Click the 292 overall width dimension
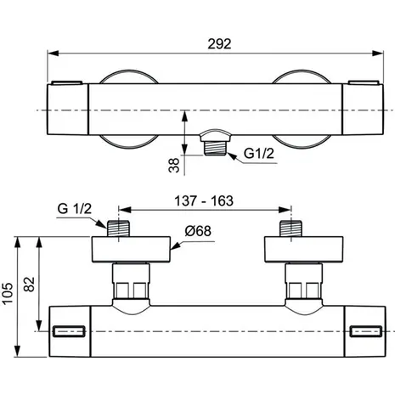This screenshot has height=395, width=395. (x=219, y=44)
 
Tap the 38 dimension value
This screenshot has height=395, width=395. (x=174, y=166)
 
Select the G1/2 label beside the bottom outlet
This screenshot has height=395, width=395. (x=259, y=154)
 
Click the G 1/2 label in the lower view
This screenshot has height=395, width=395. (x=75, y=209)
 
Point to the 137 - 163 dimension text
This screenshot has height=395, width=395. (x=204, y=200)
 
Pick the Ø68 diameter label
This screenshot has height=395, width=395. (x=198, y=231)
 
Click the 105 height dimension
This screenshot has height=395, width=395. (x=8, y=293)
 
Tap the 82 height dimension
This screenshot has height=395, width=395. (x=29, y=284)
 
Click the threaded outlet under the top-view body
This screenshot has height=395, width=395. (x=215, y=148)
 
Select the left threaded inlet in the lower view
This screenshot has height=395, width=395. (x=118, y=229)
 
